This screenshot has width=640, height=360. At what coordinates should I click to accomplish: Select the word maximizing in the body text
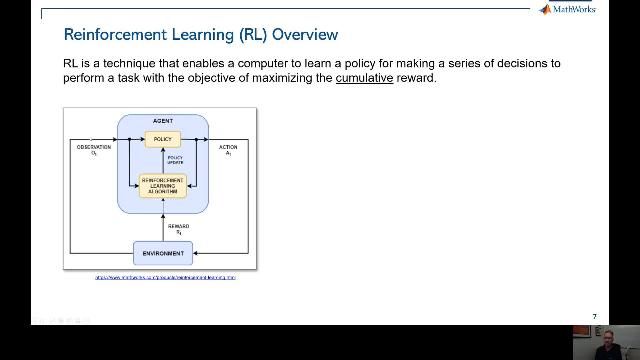[x=285, y=78]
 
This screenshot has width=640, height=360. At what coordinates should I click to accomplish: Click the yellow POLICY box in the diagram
[x=162, y=139]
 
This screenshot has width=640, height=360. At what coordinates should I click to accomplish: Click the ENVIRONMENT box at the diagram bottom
[x=162, y=253]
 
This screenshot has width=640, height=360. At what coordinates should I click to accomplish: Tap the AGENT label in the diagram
[x=162, y=121]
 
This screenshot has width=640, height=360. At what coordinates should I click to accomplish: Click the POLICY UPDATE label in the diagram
[x=175, y=160]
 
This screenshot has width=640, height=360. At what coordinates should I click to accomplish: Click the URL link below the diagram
[x=165, y=277]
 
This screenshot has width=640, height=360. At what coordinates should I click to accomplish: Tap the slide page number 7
[x=594, y=317]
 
